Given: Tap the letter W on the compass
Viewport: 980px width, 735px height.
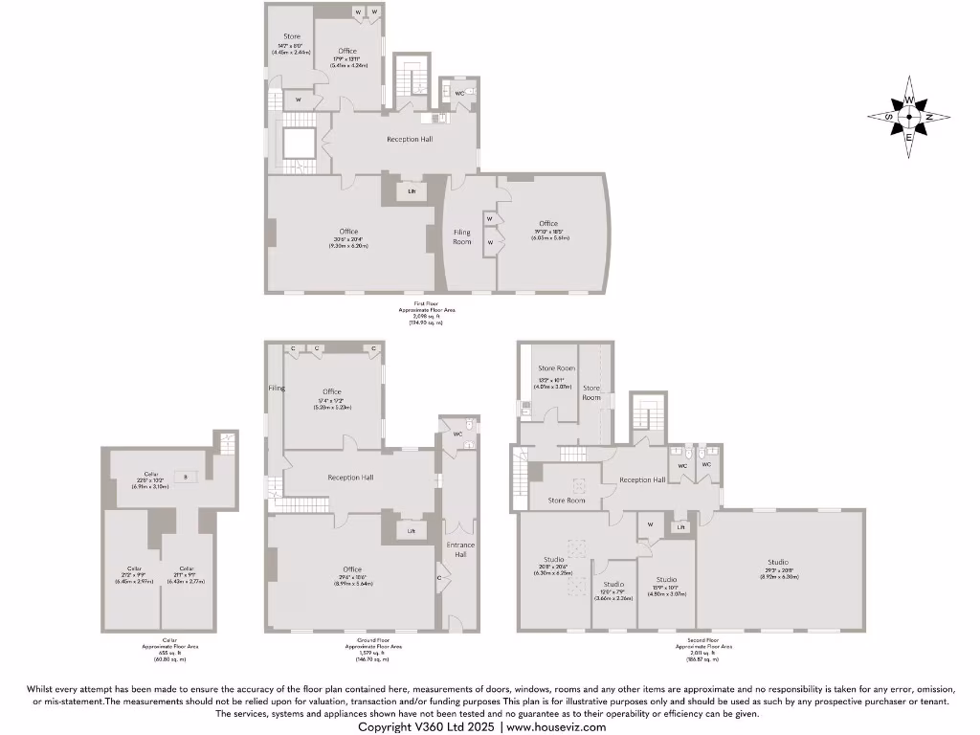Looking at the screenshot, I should [909, 100].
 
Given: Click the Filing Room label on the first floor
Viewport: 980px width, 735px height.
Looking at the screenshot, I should [462, 236].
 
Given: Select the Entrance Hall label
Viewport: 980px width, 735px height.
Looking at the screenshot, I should [460, 549].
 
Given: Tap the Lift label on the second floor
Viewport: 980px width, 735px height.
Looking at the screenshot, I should [680, 527].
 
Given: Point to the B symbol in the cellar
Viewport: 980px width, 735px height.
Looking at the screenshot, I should [187, 476].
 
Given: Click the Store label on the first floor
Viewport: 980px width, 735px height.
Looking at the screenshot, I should [291, 36].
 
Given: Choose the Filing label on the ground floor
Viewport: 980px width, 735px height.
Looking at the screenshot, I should [277, 388].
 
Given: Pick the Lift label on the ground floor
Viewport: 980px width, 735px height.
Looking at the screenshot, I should [412, 530].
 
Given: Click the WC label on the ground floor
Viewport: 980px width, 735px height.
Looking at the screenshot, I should [457, 434].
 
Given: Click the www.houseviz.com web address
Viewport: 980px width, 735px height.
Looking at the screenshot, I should [556, 726].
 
